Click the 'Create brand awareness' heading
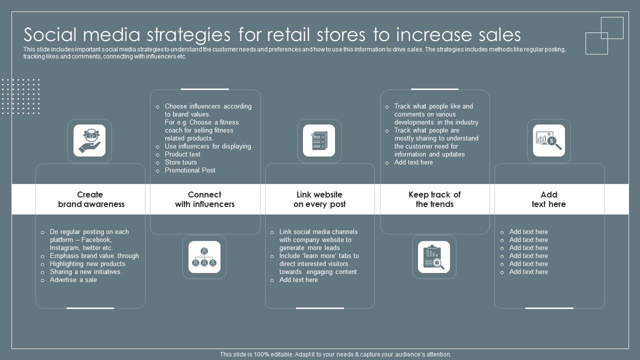tap(90, 199)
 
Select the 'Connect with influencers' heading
tap(204, 199)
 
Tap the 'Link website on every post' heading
tap(319, 199)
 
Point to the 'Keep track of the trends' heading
tap(434, 199)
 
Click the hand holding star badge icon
tap(89, 140)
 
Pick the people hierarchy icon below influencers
tap(204, 257)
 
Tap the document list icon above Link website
tap(319, 140)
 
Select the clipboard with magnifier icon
tap(433, 257)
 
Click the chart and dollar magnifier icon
tap(548, 140)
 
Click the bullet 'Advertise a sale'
tap(73, 280)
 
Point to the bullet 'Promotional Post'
tap(190, 170)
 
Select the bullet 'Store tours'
tap(180, 162)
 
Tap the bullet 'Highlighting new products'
tap(87, 264)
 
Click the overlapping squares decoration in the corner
tap(604, 35)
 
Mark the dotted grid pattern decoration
tap(20, 96)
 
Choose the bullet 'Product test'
tap(182, 154)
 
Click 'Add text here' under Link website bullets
tap(298, 280)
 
